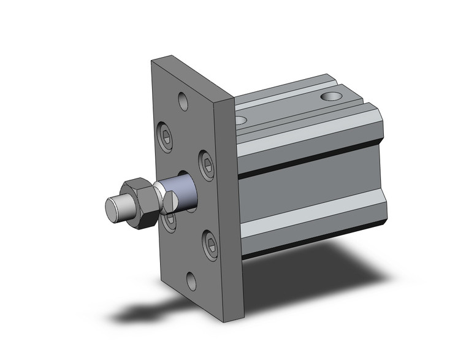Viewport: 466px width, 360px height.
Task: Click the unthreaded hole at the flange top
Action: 184,100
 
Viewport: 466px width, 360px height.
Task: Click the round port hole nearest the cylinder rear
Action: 331,96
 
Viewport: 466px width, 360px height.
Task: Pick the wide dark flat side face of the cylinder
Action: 307,190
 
